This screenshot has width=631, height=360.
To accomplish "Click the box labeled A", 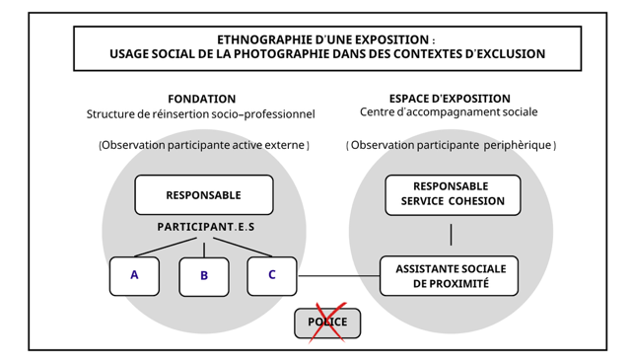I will point(134,276).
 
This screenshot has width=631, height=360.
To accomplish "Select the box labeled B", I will point(204,277).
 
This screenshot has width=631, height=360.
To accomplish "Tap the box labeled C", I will point(272,276).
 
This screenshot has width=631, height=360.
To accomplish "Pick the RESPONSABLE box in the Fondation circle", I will point(203,195).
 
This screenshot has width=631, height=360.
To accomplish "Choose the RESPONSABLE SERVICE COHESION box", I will point(453,194).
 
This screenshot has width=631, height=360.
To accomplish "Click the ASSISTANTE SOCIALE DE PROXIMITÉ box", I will point(450,276).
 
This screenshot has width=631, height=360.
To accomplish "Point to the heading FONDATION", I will point(202,100).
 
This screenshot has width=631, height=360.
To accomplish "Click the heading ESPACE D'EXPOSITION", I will point(450,99).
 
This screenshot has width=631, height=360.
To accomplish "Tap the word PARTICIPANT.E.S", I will point(206,227).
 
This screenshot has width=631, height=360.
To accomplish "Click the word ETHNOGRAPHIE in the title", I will point(257,39).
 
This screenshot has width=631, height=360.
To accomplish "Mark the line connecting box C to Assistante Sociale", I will point(338,276).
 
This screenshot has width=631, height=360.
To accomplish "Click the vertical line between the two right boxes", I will point(452,235).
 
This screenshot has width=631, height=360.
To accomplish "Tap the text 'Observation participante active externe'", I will point(204,145).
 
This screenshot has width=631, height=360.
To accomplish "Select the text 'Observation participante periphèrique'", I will point(452,145).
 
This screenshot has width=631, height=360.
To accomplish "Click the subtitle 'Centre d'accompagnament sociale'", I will point(450,113).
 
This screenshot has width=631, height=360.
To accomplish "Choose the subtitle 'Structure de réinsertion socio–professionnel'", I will point(201,114).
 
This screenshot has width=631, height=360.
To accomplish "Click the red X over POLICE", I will point(326,323).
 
